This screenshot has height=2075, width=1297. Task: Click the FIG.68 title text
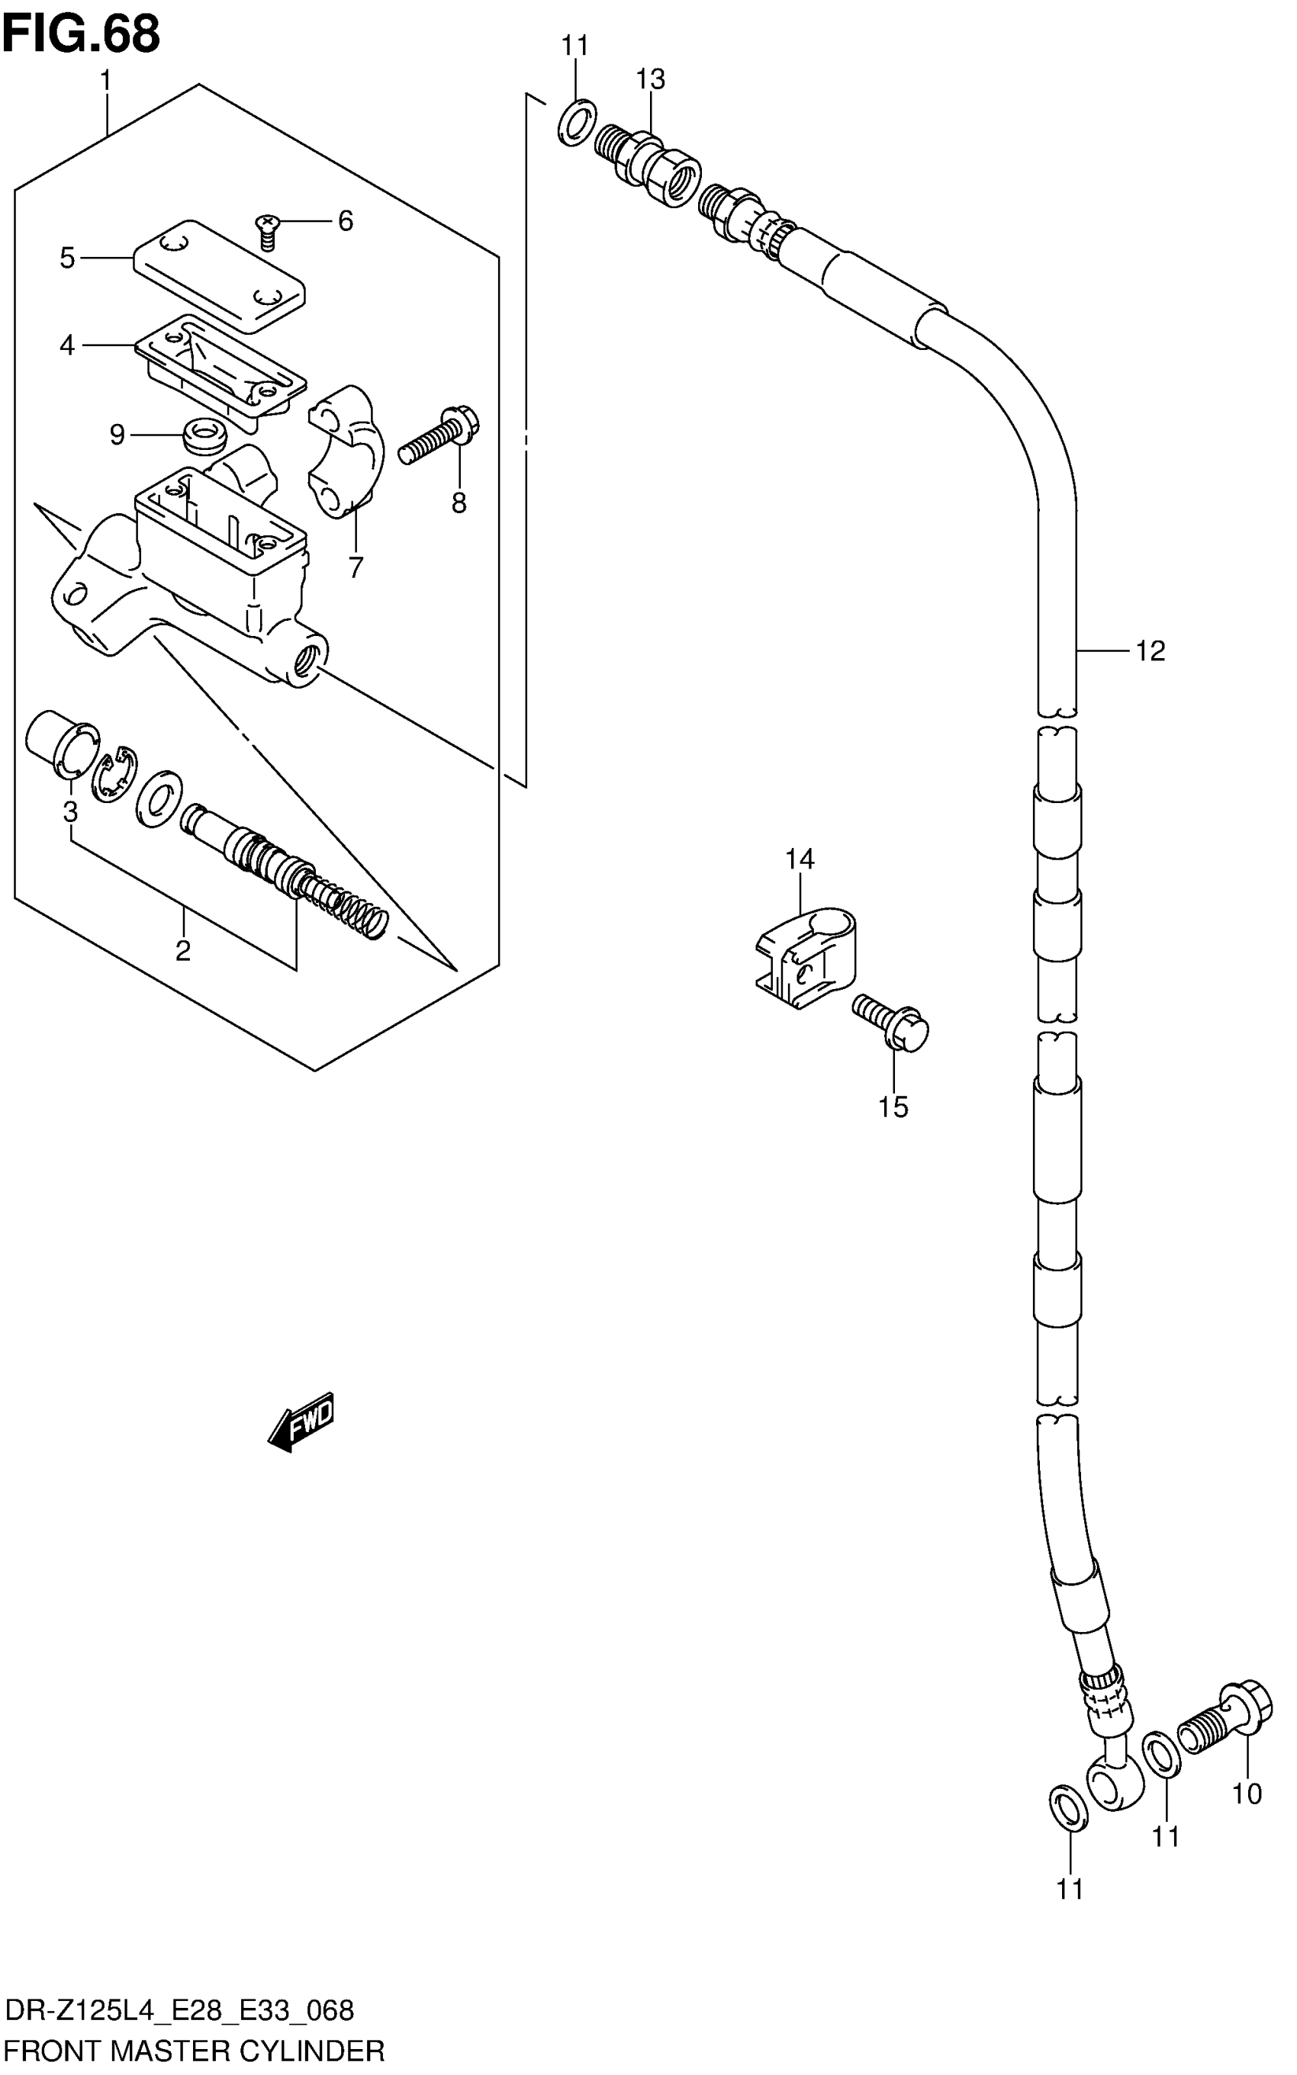81,34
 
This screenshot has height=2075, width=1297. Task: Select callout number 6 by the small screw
345,221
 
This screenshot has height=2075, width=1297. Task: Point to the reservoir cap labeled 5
220,275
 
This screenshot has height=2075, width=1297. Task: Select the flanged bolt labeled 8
441,435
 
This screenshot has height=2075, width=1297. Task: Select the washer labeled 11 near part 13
577,123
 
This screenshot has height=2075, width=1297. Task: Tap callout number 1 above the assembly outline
105,81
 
